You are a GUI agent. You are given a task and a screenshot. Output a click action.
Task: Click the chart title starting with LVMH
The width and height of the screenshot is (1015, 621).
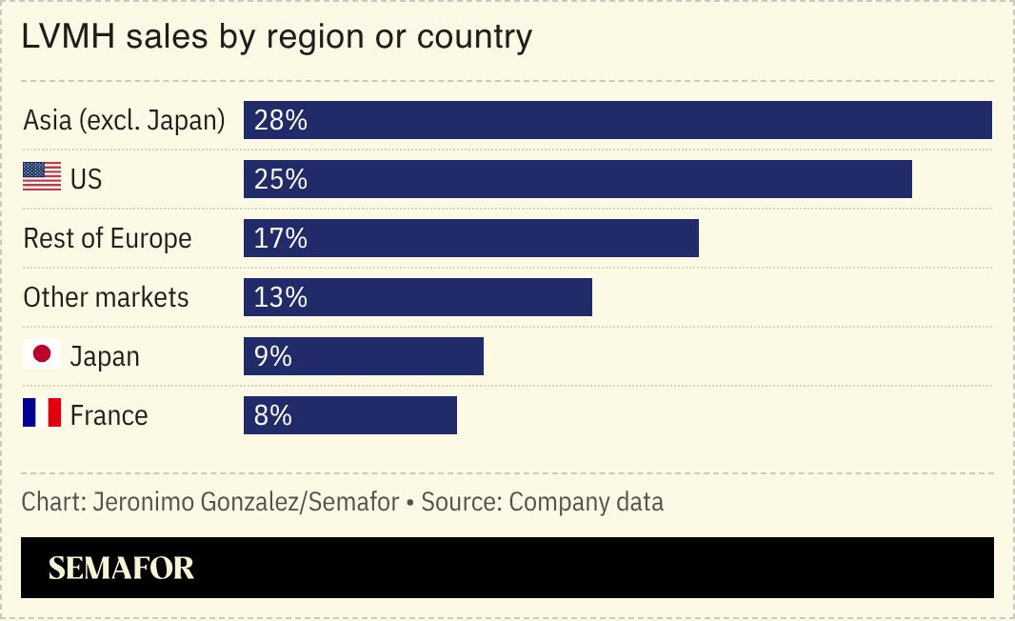click(x=277, y=37)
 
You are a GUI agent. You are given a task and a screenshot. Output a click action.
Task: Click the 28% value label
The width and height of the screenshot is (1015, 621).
click(x=281, y=120)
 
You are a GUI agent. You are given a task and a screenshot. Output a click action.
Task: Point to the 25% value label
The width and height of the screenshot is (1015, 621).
click(x=281, y=179)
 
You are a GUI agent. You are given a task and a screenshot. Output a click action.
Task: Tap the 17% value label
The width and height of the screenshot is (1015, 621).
click(x=281, y=238)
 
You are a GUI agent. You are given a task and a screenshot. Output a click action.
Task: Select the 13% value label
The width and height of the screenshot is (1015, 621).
click(x=281, y=297)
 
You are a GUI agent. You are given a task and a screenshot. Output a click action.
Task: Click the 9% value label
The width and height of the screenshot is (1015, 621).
click(x=273, y=356)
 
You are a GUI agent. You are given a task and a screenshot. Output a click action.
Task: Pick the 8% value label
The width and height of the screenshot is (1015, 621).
click(x=273, y=415)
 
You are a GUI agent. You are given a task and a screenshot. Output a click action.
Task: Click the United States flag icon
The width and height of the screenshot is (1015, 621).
click(x=42, y=177)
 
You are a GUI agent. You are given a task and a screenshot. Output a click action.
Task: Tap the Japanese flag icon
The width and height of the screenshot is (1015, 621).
click(x=42, y=355)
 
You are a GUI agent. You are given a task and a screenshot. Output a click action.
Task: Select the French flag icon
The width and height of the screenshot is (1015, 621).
click(x=42, y=413)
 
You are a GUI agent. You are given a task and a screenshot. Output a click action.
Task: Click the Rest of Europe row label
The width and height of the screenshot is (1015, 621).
click(x=108, y=238)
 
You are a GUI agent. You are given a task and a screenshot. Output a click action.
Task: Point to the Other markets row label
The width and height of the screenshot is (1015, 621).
click(x=107, y=297)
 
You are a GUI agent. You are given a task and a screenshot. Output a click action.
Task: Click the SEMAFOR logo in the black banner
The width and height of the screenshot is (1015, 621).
click(x=121, y=569)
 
